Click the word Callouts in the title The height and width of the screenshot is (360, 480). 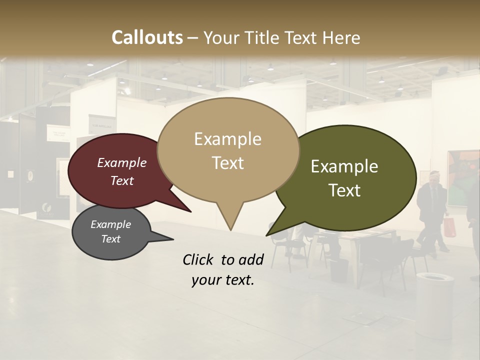(x=147, y=37)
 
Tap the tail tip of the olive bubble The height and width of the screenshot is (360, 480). (x=267, y=234)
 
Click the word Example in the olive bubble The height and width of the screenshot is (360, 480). (x=344, y=166)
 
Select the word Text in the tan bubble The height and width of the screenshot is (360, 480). (x=228, y=163)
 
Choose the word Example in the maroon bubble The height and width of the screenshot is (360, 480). (x=122, y=163)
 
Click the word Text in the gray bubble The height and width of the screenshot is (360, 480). (x=111, y=239)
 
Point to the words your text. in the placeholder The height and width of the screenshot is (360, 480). (x=222, y=280)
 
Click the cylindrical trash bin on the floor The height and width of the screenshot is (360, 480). (x=434, y=300)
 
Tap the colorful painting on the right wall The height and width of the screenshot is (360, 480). (x=462, y=177)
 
